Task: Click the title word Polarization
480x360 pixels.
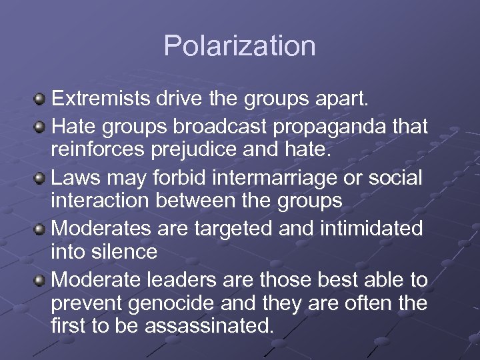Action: click(x=239, y=46)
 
